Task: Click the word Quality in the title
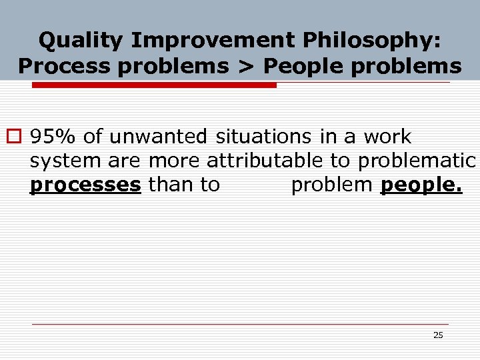click(x=81, y=41)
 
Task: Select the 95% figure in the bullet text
click(x=54, y=137)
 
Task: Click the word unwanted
click(x=159, y=137)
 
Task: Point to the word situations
click(x=263, y=137)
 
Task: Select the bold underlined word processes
click(x=85, y=185)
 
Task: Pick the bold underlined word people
click(x=421, y=185)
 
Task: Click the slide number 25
click(x=438, y=335)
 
